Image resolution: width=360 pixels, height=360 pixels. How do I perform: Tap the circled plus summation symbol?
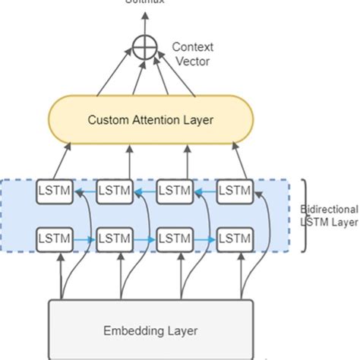(x=144, y=48)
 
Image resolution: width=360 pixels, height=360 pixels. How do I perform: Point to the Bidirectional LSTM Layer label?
(x=329, y=214)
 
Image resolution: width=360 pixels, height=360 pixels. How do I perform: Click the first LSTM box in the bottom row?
(x=54, y=239)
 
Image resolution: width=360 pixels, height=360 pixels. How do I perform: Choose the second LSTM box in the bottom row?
(x=113, y=239)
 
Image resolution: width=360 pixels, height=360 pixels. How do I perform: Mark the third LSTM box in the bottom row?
(x=173, y=239)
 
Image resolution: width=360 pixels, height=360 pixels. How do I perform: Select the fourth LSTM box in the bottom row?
(x=233, y=239)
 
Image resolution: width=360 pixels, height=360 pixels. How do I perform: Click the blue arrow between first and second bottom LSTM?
(x=84, y=239)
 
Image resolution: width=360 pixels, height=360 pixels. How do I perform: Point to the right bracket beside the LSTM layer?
(x=303, y=215)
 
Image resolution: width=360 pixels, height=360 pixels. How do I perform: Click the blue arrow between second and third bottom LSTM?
(x=144, y=239)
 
